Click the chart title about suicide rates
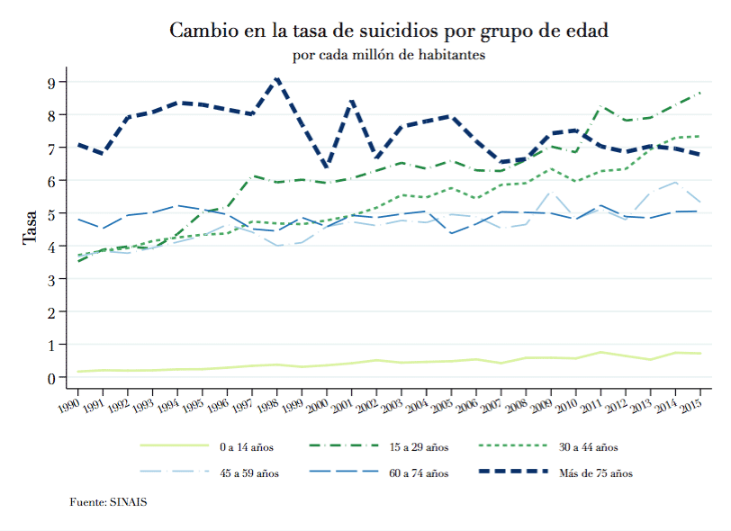(389, 31)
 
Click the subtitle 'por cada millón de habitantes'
(389, 55)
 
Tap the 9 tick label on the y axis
(52, 83)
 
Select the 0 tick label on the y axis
(52, 378)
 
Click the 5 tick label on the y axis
(52, 214)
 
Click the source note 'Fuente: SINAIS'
(108, 501)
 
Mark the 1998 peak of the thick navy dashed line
(278, 79)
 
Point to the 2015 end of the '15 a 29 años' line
(700, 93)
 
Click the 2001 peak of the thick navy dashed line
(352, 100)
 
